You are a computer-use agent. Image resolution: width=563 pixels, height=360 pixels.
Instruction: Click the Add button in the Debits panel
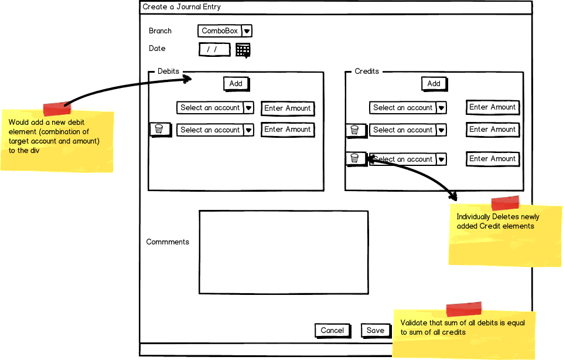click(236, 84)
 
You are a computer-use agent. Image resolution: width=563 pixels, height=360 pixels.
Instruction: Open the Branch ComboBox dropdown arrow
click(247, 31)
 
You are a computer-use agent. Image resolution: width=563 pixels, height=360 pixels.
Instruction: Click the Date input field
click(214, 50)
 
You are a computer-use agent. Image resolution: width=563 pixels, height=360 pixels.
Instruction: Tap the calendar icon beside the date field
click(243, 50)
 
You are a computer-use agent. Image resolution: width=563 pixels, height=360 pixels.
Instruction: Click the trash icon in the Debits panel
click(159, 130)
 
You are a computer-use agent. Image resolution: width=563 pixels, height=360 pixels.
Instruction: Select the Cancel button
click(333, 331)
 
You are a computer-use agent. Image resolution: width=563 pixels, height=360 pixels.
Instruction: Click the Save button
click(376, 331)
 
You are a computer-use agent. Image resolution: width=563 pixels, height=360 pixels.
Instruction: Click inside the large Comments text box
click(284, 253)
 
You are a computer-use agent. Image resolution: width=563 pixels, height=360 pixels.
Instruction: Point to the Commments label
click(168, 242)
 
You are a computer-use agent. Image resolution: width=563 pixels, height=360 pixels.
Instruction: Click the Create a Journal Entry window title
click(182, 7)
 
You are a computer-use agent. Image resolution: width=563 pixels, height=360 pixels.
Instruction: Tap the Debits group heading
click(168, 71)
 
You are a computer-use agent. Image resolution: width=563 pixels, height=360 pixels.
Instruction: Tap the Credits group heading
click(367, 71)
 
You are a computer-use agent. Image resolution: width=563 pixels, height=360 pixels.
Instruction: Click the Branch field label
click(160, 31)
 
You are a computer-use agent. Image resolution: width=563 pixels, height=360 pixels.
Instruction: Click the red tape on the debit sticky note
click(57, 109)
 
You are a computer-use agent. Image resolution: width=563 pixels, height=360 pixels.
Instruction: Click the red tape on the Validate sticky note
click(463, 309)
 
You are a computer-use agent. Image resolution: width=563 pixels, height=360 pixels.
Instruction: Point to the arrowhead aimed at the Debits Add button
click(187, 79)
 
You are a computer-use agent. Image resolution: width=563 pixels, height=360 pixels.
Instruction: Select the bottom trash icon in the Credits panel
click(355, 158)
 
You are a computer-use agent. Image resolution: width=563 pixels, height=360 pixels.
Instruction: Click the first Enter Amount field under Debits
click(288, 108)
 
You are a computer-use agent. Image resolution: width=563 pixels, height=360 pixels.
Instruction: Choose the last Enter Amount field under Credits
click(493, 159)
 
